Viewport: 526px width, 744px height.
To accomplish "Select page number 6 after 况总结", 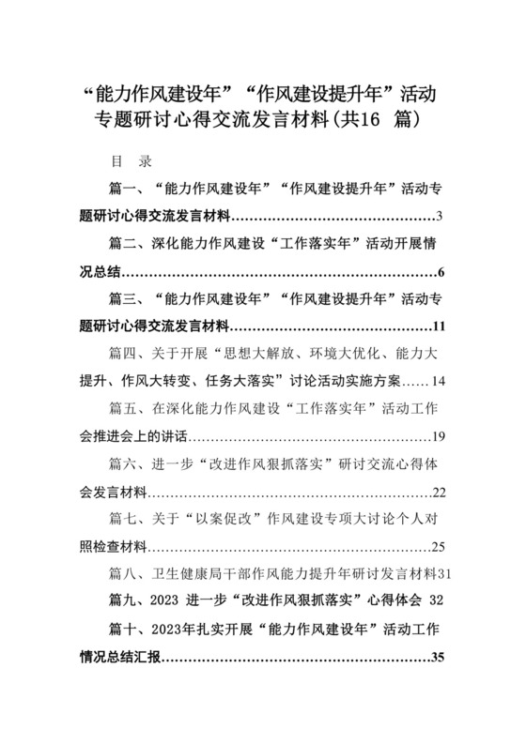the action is [440, 273].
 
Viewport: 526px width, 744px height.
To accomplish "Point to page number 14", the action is [438, 382].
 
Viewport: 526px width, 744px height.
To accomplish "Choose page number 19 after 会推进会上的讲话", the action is [437, 437].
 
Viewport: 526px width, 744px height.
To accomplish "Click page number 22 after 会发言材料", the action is [437, 493].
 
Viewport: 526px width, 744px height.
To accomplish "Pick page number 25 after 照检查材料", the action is [437, 547].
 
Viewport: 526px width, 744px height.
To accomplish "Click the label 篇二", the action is [124, 245].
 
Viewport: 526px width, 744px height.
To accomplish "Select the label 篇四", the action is [124, 355].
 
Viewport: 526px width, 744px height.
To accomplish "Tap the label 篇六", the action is [124, 464].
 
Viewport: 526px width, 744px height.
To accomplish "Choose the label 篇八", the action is [124, 573].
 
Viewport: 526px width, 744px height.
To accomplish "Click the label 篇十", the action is [124, 627].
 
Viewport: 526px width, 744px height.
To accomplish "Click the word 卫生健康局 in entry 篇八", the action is [185, 573].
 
